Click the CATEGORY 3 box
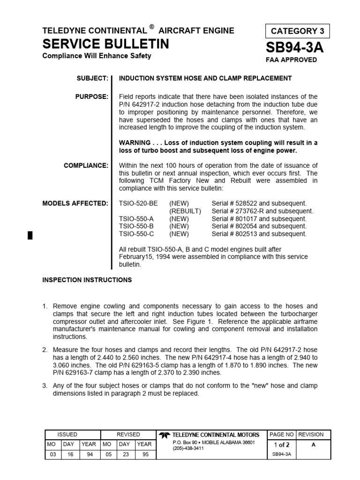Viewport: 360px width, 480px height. click(297, 31)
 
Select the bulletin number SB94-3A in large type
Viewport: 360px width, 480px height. click(294, 47)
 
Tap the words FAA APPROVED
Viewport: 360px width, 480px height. click(291, 60)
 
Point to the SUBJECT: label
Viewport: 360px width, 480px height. click(92, 78)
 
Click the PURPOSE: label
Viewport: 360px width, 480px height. click(92, 97)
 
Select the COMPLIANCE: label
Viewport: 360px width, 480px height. click(86, 165)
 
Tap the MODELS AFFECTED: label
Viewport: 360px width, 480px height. click(75, 203)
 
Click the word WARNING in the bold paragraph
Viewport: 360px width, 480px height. click(135, 142)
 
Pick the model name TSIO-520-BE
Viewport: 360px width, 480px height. click(138, 203)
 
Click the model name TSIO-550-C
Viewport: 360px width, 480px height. click(136, 233)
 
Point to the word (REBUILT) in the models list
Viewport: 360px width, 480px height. click(185, 211)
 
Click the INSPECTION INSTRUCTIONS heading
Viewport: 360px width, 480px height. click(87, 280)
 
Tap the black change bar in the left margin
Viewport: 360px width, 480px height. click(30, 235)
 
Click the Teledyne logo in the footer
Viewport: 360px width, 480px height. click(164, 435)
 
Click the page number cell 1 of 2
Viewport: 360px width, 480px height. click(281, 445)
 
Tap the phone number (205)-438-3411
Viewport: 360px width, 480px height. click(188, 449)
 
